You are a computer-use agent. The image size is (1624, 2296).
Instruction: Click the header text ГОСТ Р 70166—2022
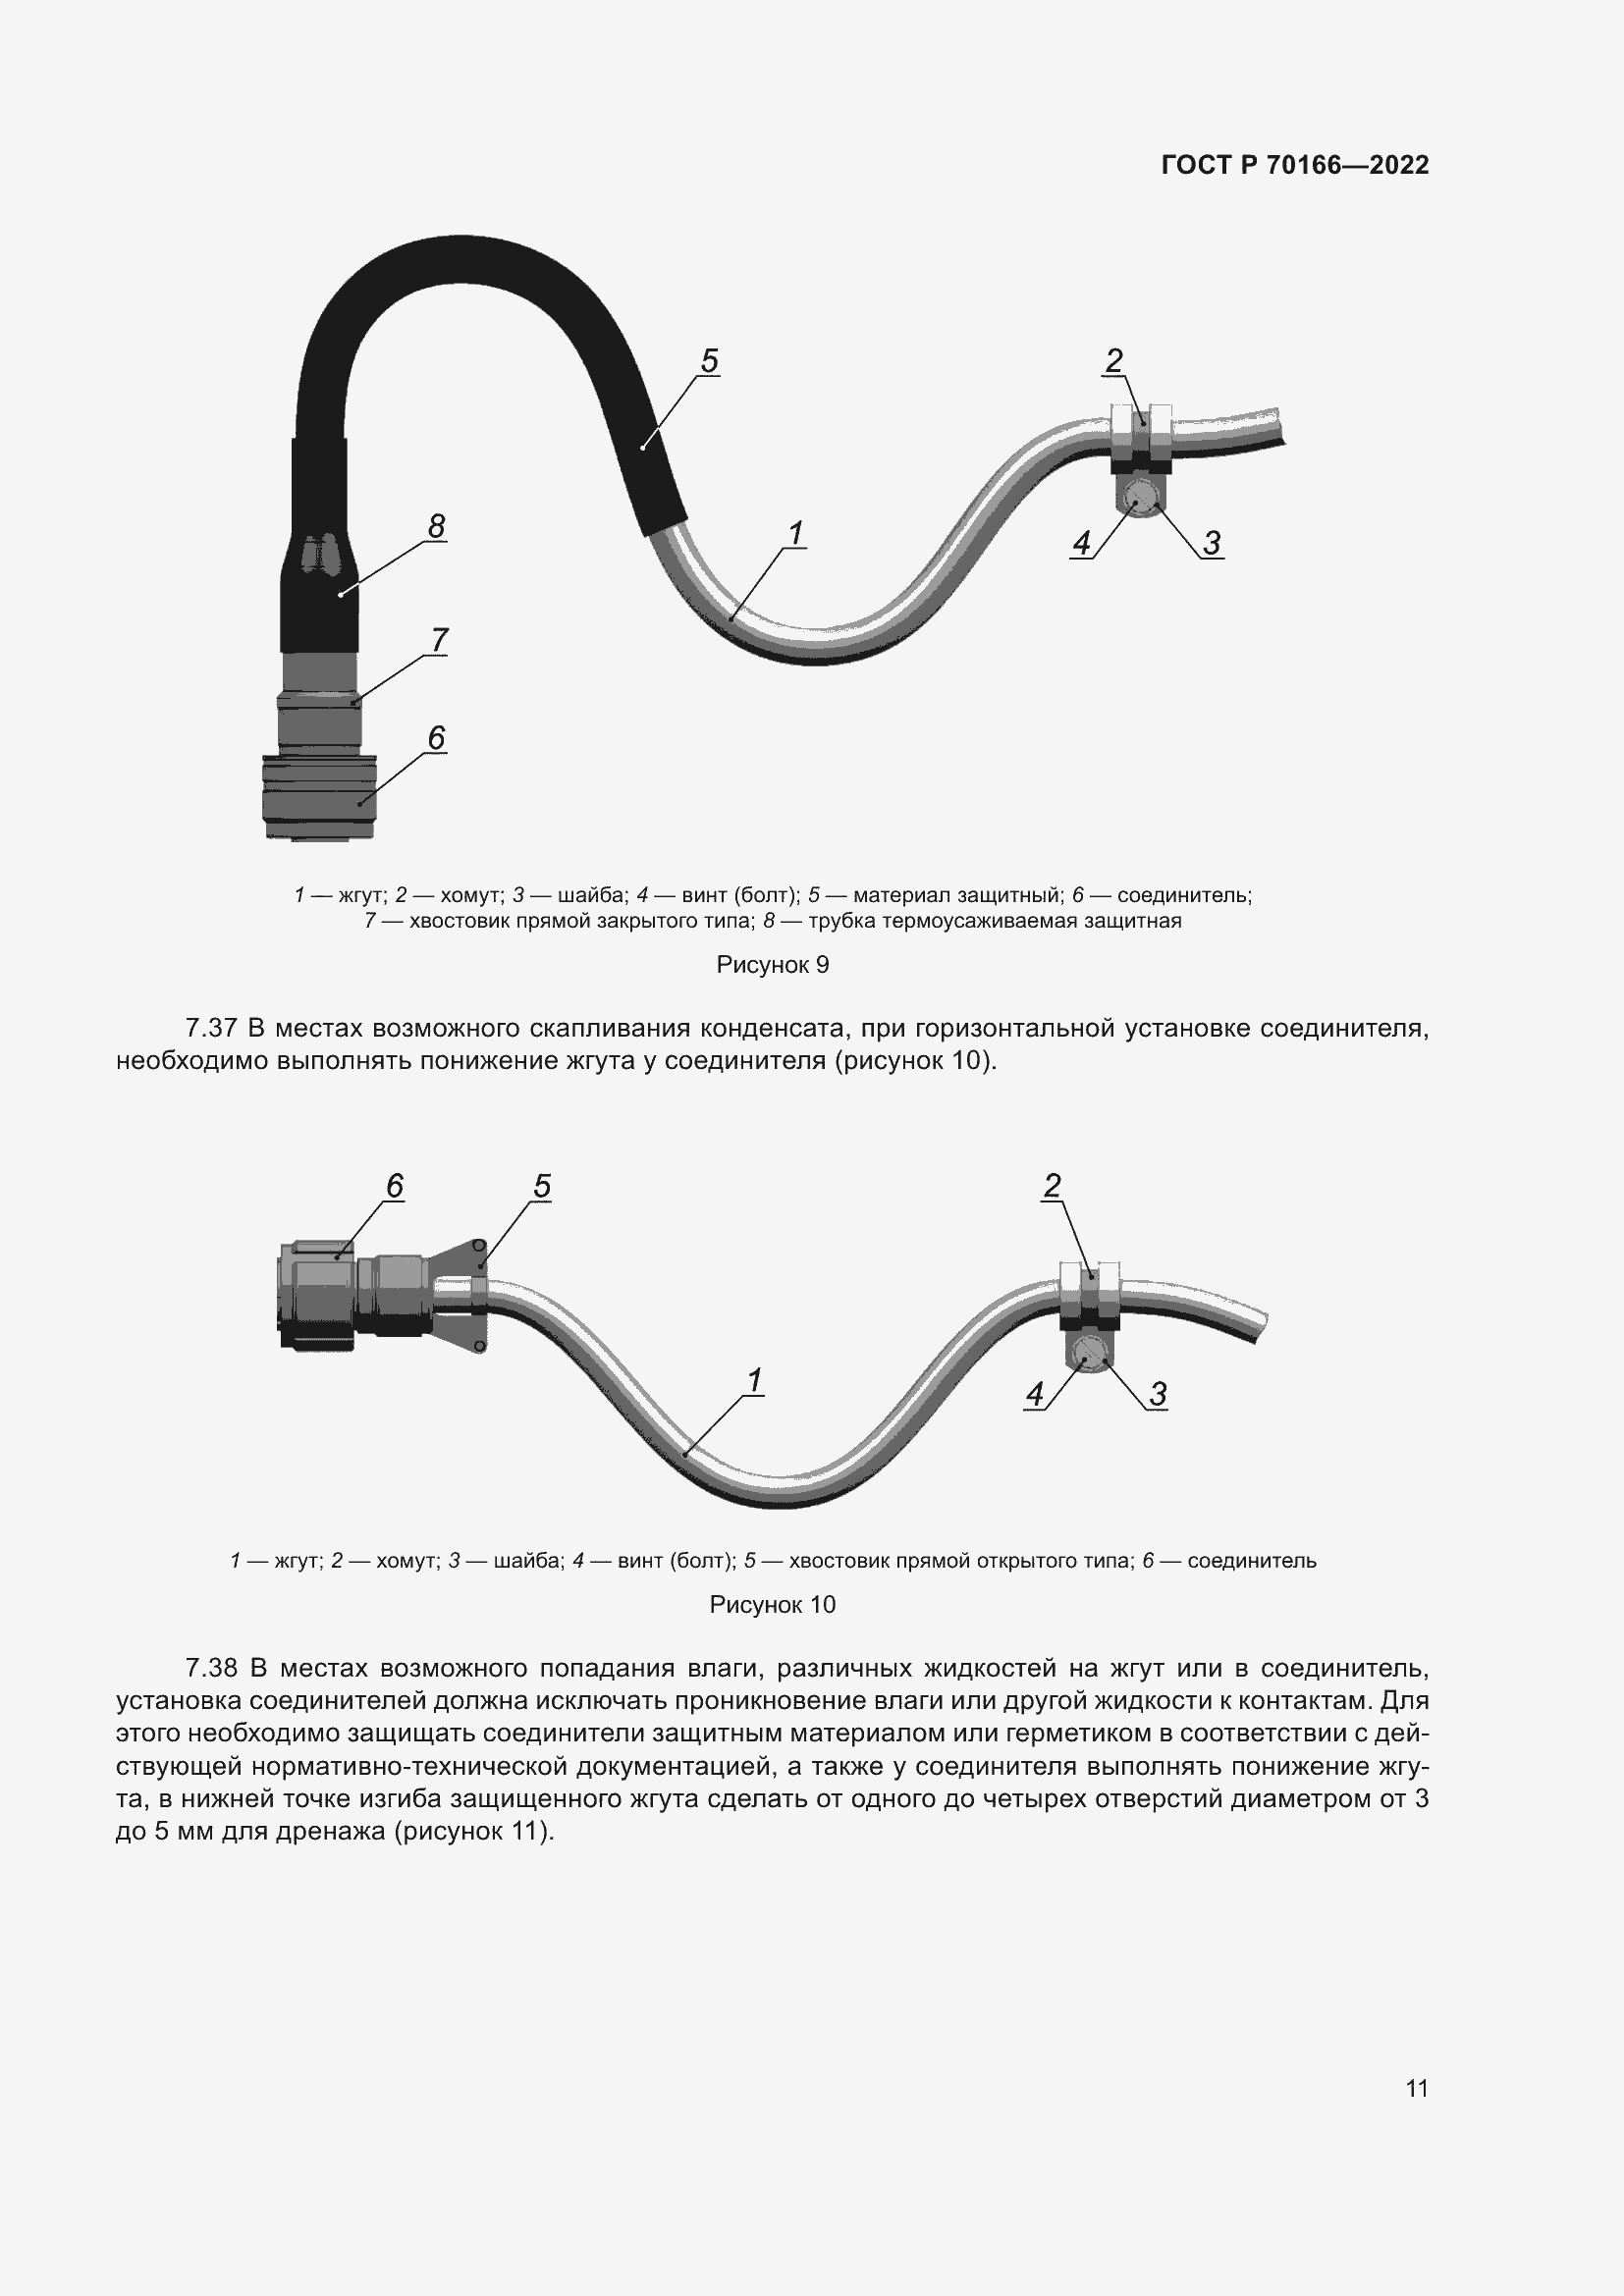1295,165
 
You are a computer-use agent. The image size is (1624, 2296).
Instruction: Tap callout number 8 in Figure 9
436,526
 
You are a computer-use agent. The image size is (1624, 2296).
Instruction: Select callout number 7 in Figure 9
439,639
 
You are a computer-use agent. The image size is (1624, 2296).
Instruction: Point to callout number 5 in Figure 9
709,361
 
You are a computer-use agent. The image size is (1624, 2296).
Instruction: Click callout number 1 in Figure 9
796,534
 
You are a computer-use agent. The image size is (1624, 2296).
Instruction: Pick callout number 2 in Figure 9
1113,360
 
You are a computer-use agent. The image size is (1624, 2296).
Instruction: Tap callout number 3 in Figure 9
1211,543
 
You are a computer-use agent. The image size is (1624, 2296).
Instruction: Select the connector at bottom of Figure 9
319,797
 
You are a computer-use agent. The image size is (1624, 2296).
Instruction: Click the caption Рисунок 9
773,965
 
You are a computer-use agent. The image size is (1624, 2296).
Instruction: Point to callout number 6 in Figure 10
395,1186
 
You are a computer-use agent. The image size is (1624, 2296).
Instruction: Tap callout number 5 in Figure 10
542,1186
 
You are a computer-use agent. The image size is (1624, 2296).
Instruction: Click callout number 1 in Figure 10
755,1380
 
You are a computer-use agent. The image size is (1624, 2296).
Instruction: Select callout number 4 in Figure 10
1034,1394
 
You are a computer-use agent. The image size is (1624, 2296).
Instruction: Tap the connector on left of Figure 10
355,1296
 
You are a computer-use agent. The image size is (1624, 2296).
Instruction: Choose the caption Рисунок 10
773,1605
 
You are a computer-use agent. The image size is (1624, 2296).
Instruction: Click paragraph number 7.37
211,1028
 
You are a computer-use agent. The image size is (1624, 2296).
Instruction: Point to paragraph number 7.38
211,1668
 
